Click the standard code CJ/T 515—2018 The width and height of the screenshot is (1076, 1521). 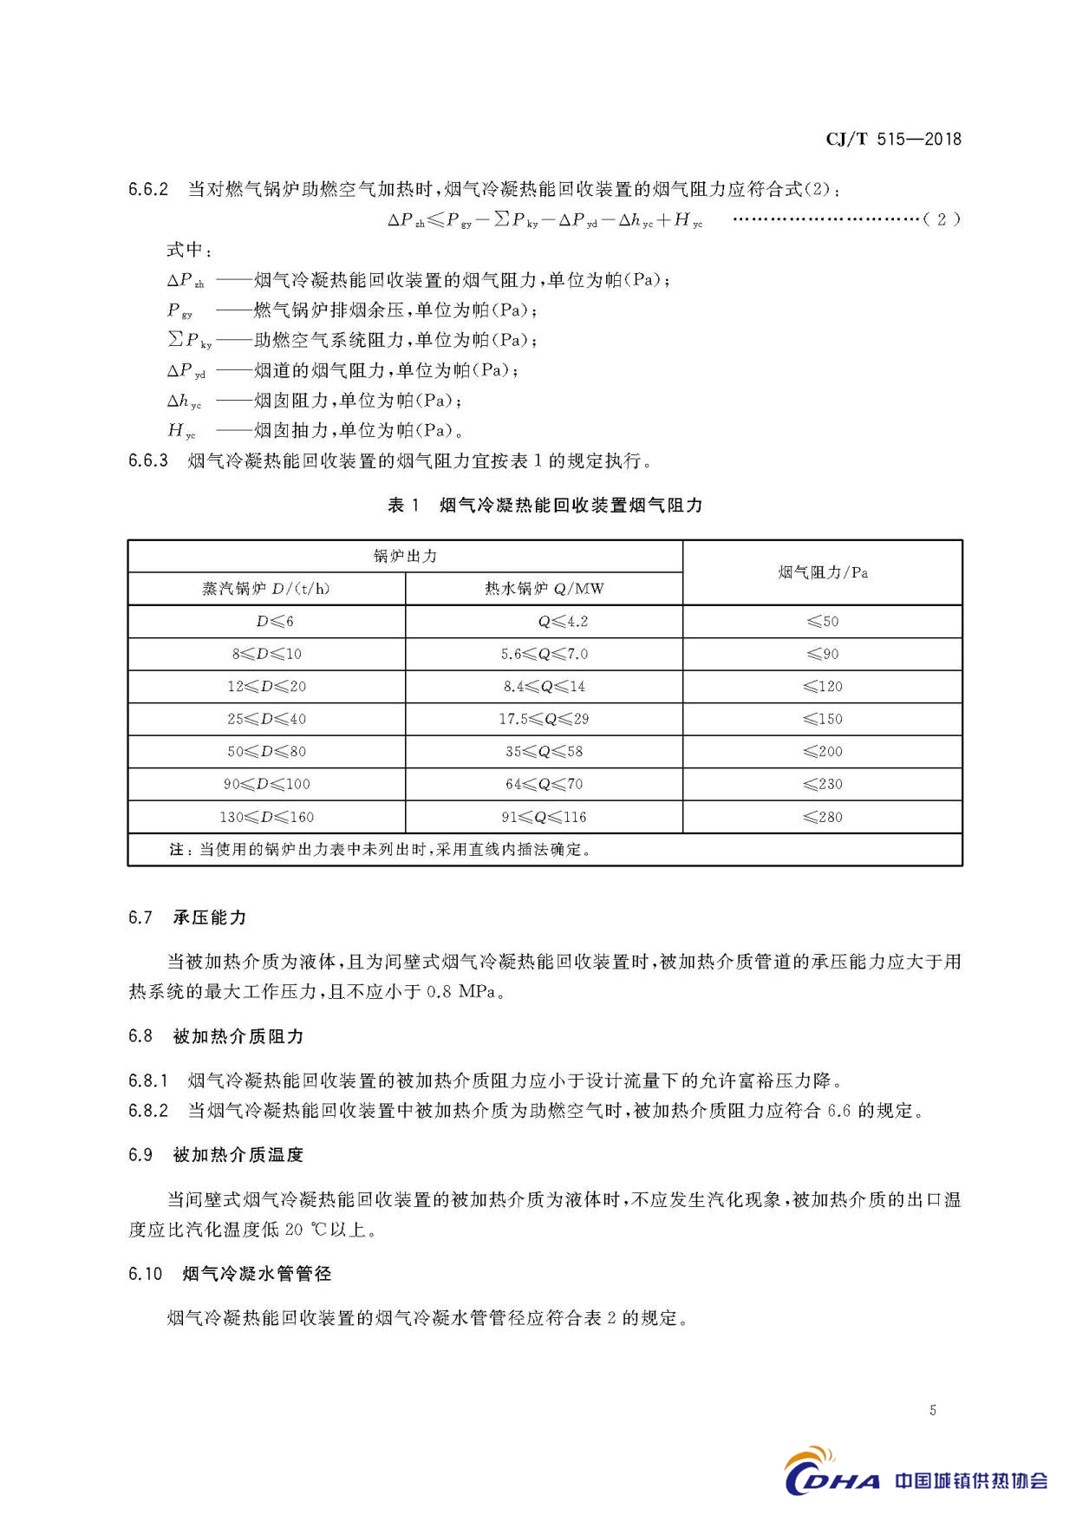[x=893, y=139]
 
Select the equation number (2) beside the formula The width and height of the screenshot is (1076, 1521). [x=942, y=219]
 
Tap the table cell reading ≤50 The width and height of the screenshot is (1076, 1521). [x=822, y=622]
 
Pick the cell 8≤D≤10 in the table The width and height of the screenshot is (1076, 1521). [x=266, y=654]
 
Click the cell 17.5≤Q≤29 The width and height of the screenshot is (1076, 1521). [x=544, y=719]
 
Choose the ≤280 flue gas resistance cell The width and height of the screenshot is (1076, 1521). [x=822, y=817]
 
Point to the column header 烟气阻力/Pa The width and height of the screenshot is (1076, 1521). [x=822, y=572]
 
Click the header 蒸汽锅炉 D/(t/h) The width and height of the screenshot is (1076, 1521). [x=266, y=589]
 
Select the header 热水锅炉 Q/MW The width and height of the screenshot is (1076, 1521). [x=544, y=589]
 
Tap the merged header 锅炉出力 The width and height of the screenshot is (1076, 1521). [x=405, y=557]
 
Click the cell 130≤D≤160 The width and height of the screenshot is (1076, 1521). [x=266, y=817]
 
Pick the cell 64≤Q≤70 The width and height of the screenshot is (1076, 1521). [x=544, y=784]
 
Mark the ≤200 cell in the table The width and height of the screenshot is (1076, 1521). [x=822, y=752]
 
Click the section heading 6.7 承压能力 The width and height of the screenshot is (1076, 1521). [x=187, y=917]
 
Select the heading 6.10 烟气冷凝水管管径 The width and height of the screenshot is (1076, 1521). [x=230, y=1274]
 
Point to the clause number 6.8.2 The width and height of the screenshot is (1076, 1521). [x=148, y=1111]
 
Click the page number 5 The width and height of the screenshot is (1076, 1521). [x=933, y=1410]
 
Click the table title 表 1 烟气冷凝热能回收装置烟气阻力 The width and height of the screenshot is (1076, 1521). [x=545, y=506]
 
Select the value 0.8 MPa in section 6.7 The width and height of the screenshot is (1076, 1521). [x=463, y=991]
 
